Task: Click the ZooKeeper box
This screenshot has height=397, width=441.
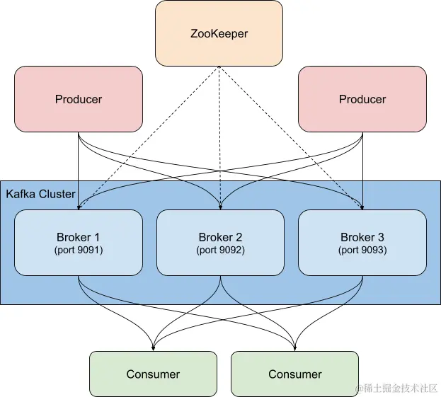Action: click(219, 33)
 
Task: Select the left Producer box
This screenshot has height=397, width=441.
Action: click(79, 99)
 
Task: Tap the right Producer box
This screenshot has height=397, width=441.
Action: click(362, 99)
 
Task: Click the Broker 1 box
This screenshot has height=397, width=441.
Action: click(79, 243)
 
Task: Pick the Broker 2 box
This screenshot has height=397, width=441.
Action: click(220, 243)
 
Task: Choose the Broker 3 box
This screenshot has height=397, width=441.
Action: click(362, 243)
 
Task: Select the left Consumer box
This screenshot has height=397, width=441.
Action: click(153, 374)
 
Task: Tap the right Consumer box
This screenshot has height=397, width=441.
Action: click(294, 374)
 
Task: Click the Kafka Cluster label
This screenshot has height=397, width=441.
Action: click(40, 194)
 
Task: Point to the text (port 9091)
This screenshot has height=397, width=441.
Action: click(79, 251)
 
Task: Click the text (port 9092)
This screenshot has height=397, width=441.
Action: click(220, 251)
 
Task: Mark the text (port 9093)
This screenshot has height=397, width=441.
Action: click(362, 251)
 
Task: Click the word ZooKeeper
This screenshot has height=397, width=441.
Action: click(219, 33)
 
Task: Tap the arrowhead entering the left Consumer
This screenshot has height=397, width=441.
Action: click(153, 347)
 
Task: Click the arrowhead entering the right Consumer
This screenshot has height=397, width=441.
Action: click(294, 347)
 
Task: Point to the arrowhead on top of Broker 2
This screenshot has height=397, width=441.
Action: click(220, 207)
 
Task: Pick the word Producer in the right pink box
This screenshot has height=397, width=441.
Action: click(362, 99)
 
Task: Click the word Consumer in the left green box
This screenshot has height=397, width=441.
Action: click(153, 374)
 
